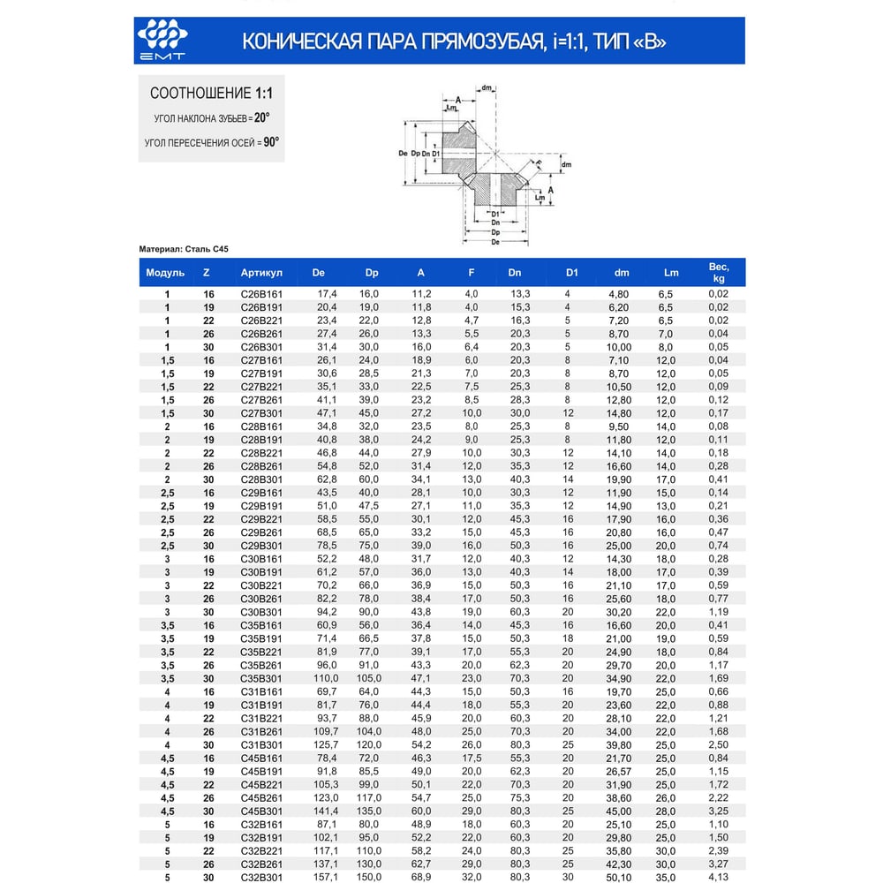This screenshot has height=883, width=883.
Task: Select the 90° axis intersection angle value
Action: pyautogui.click(x=271, y=141)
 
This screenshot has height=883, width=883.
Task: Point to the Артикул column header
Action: pyautogui.click(x=260, y=273)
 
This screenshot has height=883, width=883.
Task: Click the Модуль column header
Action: pyautogui.click(x=165, y=273)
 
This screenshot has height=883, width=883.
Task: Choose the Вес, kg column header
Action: pyautogui.click(x=718, y=273)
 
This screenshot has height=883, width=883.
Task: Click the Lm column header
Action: pyautogui.click(x=671, y=273)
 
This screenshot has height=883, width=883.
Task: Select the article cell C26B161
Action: pyautogui.click(x=261, y=293)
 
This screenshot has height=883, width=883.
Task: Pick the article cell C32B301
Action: pyautogui.click(x=261, y=877)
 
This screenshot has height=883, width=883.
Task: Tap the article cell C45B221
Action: pyautogui.click(x=261, y=784)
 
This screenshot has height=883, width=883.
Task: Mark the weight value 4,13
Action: pyautogui.click(x=718, y=877)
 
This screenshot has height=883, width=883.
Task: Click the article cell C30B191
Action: pyautogui.click(x=261, y=572)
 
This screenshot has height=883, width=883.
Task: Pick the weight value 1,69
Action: pyautogui.click(x=718, y=678)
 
